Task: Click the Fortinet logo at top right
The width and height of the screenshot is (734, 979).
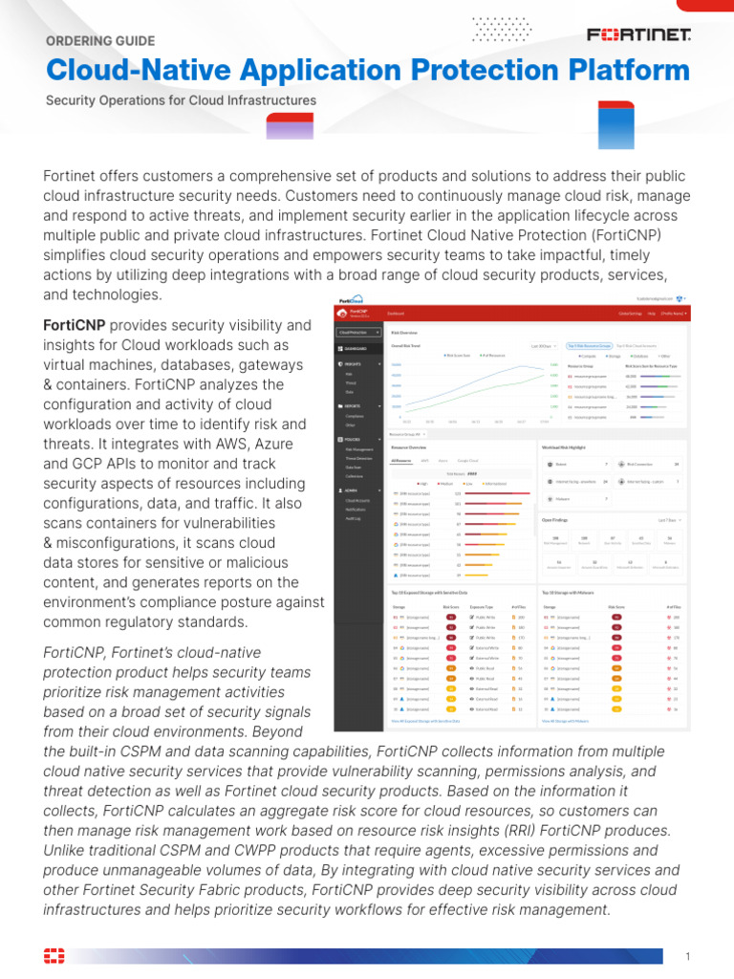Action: tap(638, 35)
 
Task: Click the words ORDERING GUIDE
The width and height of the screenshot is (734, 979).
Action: tap(100, 41)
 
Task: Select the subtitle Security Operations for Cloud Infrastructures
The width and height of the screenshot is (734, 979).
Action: tap(181, 100)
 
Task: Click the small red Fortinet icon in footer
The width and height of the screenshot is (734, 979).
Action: tap(54, 956)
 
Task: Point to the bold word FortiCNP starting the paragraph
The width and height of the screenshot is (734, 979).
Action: tap(75, 325)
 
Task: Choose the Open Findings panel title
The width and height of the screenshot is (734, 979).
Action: tap(555, 520)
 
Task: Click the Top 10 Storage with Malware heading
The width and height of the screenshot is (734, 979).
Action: tap(579, 592)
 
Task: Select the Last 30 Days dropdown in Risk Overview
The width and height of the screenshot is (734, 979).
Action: tap(541, 346)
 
